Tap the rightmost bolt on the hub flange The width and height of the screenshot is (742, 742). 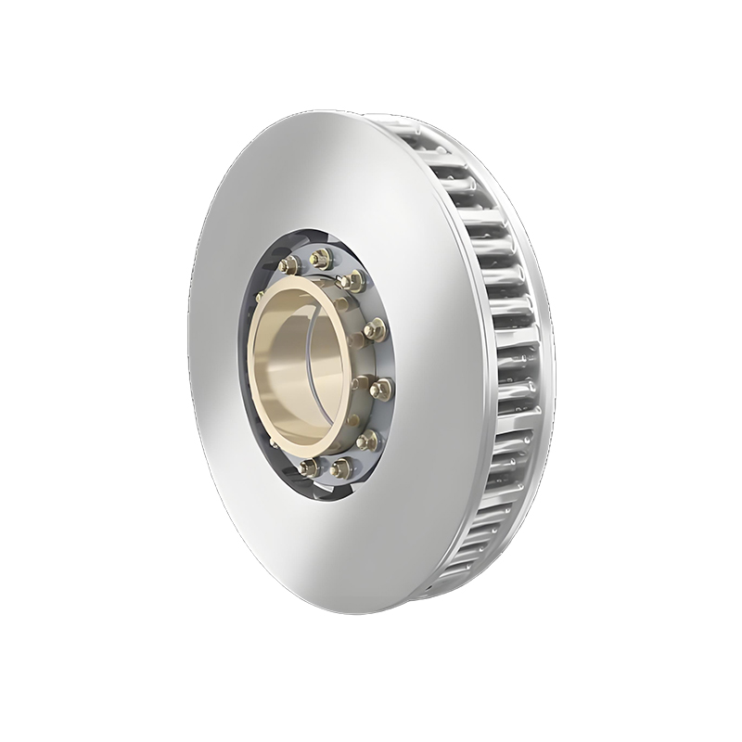381,389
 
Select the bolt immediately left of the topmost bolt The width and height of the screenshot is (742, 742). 288,265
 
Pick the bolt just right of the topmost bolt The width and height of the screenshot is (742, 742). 352,281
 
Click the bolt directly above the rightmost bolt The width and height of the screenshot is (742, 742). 374,329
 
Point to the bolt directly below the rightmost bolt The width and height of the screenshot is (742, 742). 367,439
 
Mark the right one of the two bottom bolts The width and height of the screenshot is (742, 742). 341,468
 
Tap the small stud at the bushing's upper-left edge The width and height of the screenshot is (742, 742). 261,298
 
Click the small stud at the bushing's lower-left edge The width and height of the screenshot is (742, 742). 275,443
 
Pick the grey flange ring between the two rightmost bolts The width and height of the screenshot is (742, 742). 378,359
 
